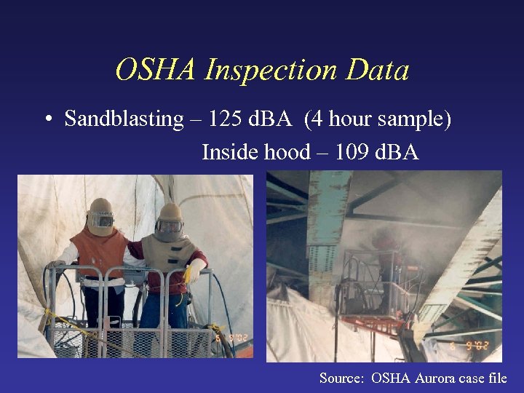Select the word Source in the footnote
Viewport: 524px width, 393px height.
[x=341, y=378]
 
